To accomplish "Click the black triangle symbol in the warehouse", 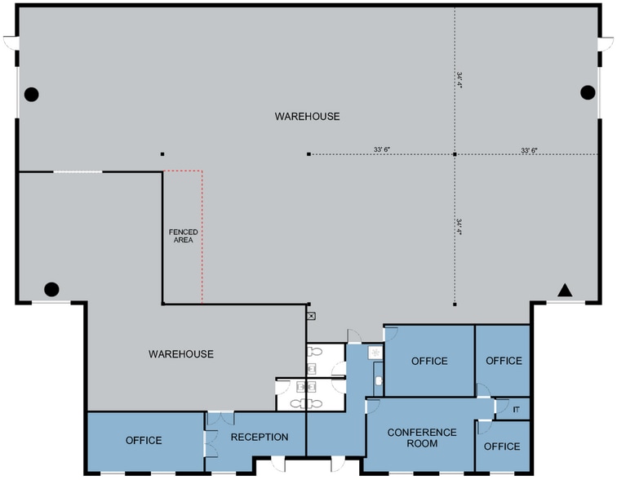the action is pyautogui.click(x=565, y=291).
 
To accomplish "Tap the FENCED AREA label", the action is pyautogui.click(x=184, y=236).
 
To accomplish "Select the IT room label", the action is pyautogui.click(x=516, y=410).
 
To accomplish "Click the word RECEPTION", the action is pyautogui.click(x=260, y=437).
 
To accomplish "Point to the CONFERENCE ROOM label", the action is pyautogui.click(x=422, y=438).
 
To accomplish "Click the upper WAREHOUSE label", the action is pyautogui.click(x=308, y=117).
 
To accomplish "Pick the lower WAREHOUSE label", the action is pyautogui.click(x=181, y=354).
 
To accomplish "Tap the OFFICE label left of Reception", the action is pyautogui.click(x=144, y=440).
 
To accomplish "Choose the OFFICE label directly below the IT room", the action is pyautogui.click(x=502, y=447).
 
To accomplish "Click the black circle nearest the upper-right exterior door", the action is pyautogui.click(x=588, y=92).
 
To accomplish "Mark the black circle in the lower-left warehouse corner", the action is pyautogui.click(x=51, y=289).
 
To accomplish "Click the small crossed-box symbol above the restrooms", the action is pyautogui.click(x=311, y=316).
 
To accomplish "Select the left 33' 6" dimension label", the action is pyautogui.click(x=382, y=149).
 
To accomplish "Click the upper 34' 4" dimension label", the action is pyautogui.click(x=459, y=80).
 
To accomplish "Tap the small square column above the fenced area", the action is pyautogui.click(x=162, y=154).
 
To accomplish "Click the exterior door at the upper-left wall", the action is pyautogui.click(x=11, y=42).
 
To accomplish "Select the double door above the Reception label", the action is pyautogui.click(x=220, y=418).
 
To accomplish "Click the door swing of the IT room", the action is pyautogui.click(x=501, y=405).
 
